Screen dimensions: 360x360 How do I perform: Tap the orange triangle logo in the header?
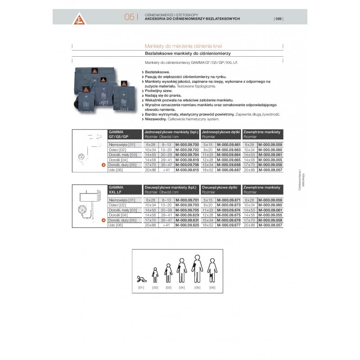coord(81,18)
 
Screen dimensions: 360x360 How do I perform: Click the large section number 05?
coord(129,18)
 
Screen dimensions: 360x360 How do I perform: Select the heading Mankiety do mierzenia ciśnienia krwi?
coord(184,46)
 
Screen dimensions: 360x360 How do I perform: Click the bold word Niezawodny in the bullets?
coord(154,119)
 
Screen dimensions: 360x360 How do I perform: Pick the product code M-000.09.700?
coord(186,145)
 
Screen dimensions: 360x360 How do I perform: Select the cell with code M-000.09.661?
coord(228,145)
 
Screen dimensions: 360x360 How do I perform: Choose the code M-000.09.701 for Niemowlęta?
coord(186,199)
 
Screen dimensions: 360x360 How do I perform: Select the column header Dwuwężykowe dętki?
coord(219,186)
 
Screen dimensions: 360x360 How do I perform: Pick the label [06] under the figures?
coord(212,287)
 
